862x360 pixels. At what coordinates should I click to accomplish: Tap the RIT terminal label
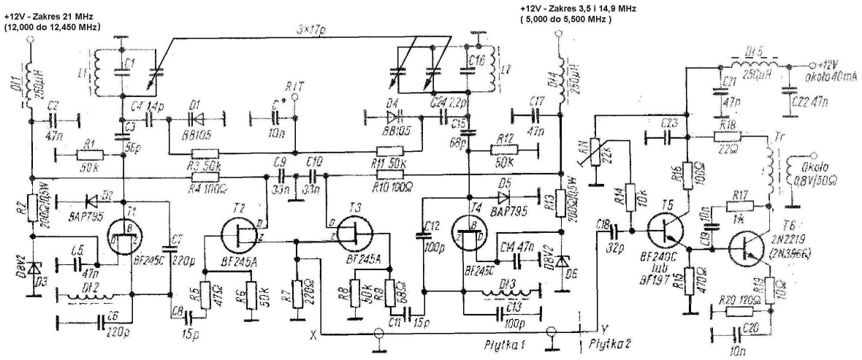click(296, 86)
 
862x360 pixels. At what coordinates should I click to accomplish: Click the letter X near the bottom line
click(313, 335)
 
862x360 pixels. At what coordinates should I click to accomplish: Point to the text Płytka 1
click(506, 342)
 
